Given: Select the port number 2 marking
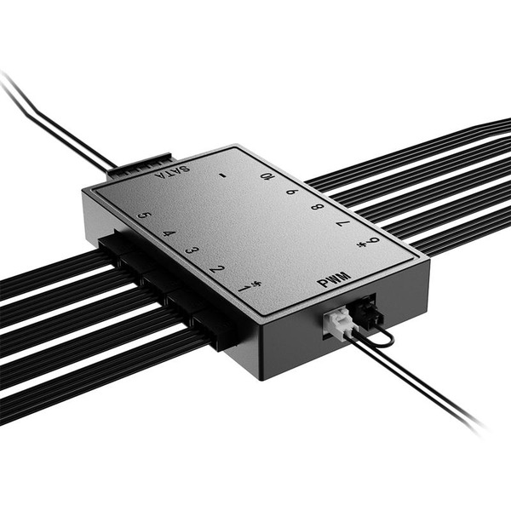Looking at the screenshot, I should (217, 270).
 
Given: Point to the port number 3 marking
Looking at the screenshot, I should (192, 252).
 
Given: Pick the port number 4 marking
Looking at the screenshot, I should (168, 233).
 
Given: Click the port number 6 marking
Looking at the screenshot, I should (373, 242).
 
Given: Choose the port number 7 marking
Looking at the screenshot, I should (342, 225).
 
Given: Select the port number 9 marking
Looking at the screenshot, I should (291, 192).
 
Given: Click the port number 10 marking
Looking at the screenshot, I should (267, 177).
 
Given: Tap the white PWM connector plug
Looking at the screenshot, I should (338, 323).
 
